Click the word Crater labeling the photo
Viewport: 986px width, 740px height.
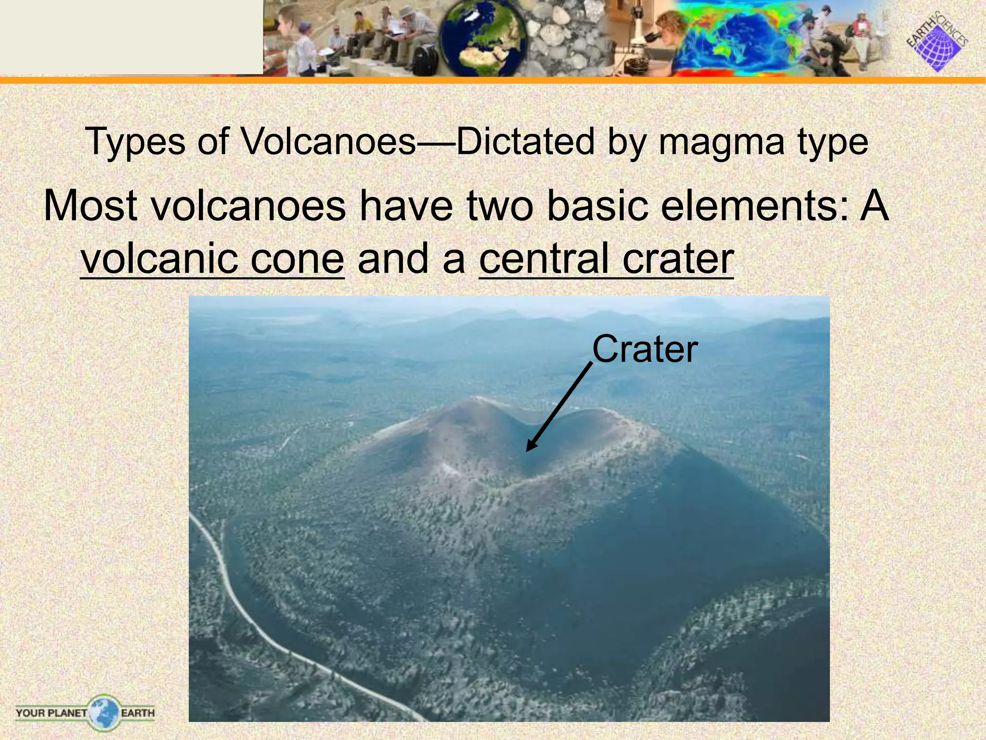(645, 349)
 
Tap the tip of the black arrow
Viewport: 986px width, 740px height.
(527, 450)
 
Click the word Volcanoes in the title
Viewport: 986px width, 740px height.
(327, 142)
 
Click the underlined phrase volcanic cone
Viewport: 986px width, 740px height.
(212, 259)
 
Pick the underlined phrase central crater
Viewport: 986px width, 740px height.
(606, 259)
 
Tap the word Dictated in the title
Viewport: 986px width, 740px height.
(525, 142)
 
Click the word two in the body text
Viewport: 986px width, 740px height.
(501, 206)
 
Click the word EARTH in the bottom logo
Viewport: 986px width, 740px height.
(138, 713)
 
